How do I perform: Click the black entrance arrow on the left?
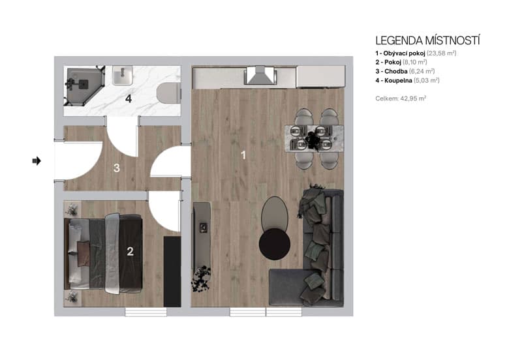pos(37,160)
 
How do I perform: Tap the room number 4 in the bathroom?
pos(129,99)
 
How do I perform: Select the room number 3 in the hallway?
pos(116,168)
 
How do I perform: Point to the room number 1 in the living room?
pos(243,155)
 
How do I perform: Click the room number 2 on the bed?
pos(130,252)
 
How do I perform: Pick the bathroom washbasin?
pos(123,78)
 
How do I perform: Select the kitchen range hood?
pos(259,76)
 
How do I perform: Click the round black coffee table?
pos(275,244)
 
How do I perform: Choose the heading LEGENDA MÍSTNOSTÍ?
pos(427,40)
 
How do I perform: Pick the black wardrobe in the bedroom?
pos(172,271)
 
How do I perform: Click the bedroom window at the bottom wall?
pos(142,312)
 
